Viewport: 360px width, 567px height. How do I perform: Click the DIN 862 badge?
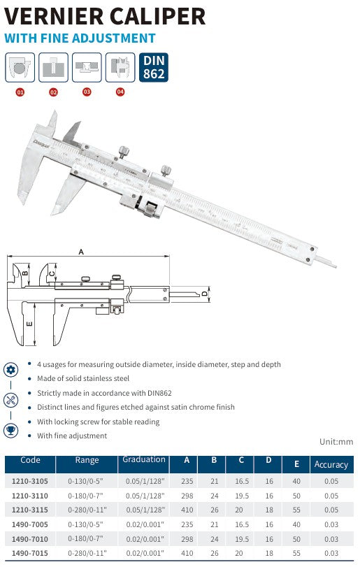click(153, 67)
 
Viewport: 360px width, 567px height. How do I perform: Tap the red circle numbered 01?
click(20, 92)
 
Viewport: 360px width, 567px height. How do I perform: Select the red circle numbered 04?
click(120, 92)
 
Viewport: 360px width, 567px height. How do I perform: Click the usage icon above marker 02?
click(53, 67)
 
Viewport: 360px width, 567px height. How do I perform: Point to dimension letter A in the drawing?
click(80, 251)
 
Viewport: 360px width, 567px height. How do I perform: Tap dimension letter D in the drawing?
click(204, 294)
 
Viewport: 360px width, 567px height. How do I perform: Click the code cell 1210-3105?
click(30, 481)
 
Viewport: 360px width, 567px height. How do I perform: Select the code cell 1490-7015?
click(30, 552)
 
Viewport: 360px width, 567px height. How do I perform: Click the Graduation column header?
click(144, 460)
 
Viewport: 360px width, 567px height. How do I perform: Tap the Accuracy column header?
click(331, 464)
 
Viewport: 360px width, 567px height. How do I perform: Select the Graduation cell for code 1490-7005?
click(143, 524)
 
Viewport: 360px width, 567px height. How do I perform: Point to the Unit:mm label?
click(336, 442)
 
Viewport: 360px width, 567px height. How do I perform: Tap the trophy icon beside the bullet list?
click(10, 430)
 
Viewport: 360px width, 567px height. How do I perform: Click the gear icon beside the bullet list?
click(10, 370)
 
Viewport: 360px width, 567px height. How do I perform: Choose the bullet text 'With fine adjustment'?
click(72, 436)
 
